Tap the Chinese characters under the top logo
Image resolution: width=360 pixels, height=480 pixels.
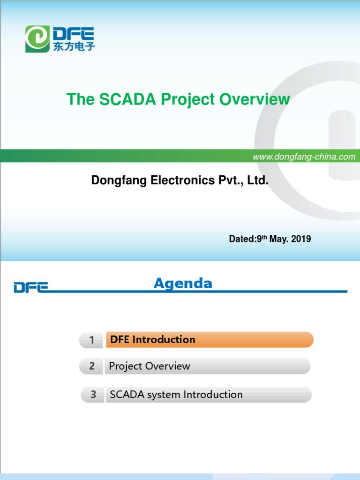74,47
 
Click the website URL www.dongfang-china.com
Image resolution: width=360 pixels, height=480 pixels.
304,157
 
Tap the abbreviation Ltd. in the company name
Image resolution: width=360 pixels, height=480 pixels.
258,180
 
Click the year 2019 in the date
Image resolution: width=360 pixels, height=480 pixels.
301,239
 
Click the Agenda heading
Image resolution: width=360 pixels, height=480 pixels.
183,284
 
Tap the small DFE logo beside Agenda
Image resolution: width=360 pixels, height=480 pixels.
30,287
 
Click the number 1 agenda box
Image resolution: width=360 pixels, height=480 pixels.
92,340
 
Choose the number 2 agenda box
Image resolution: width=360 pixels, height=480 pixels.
92,366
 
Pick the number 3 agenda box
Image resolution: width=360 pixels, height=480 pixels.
93,395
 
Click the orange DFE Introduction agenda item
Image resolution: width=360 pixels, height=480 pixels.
209,340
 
